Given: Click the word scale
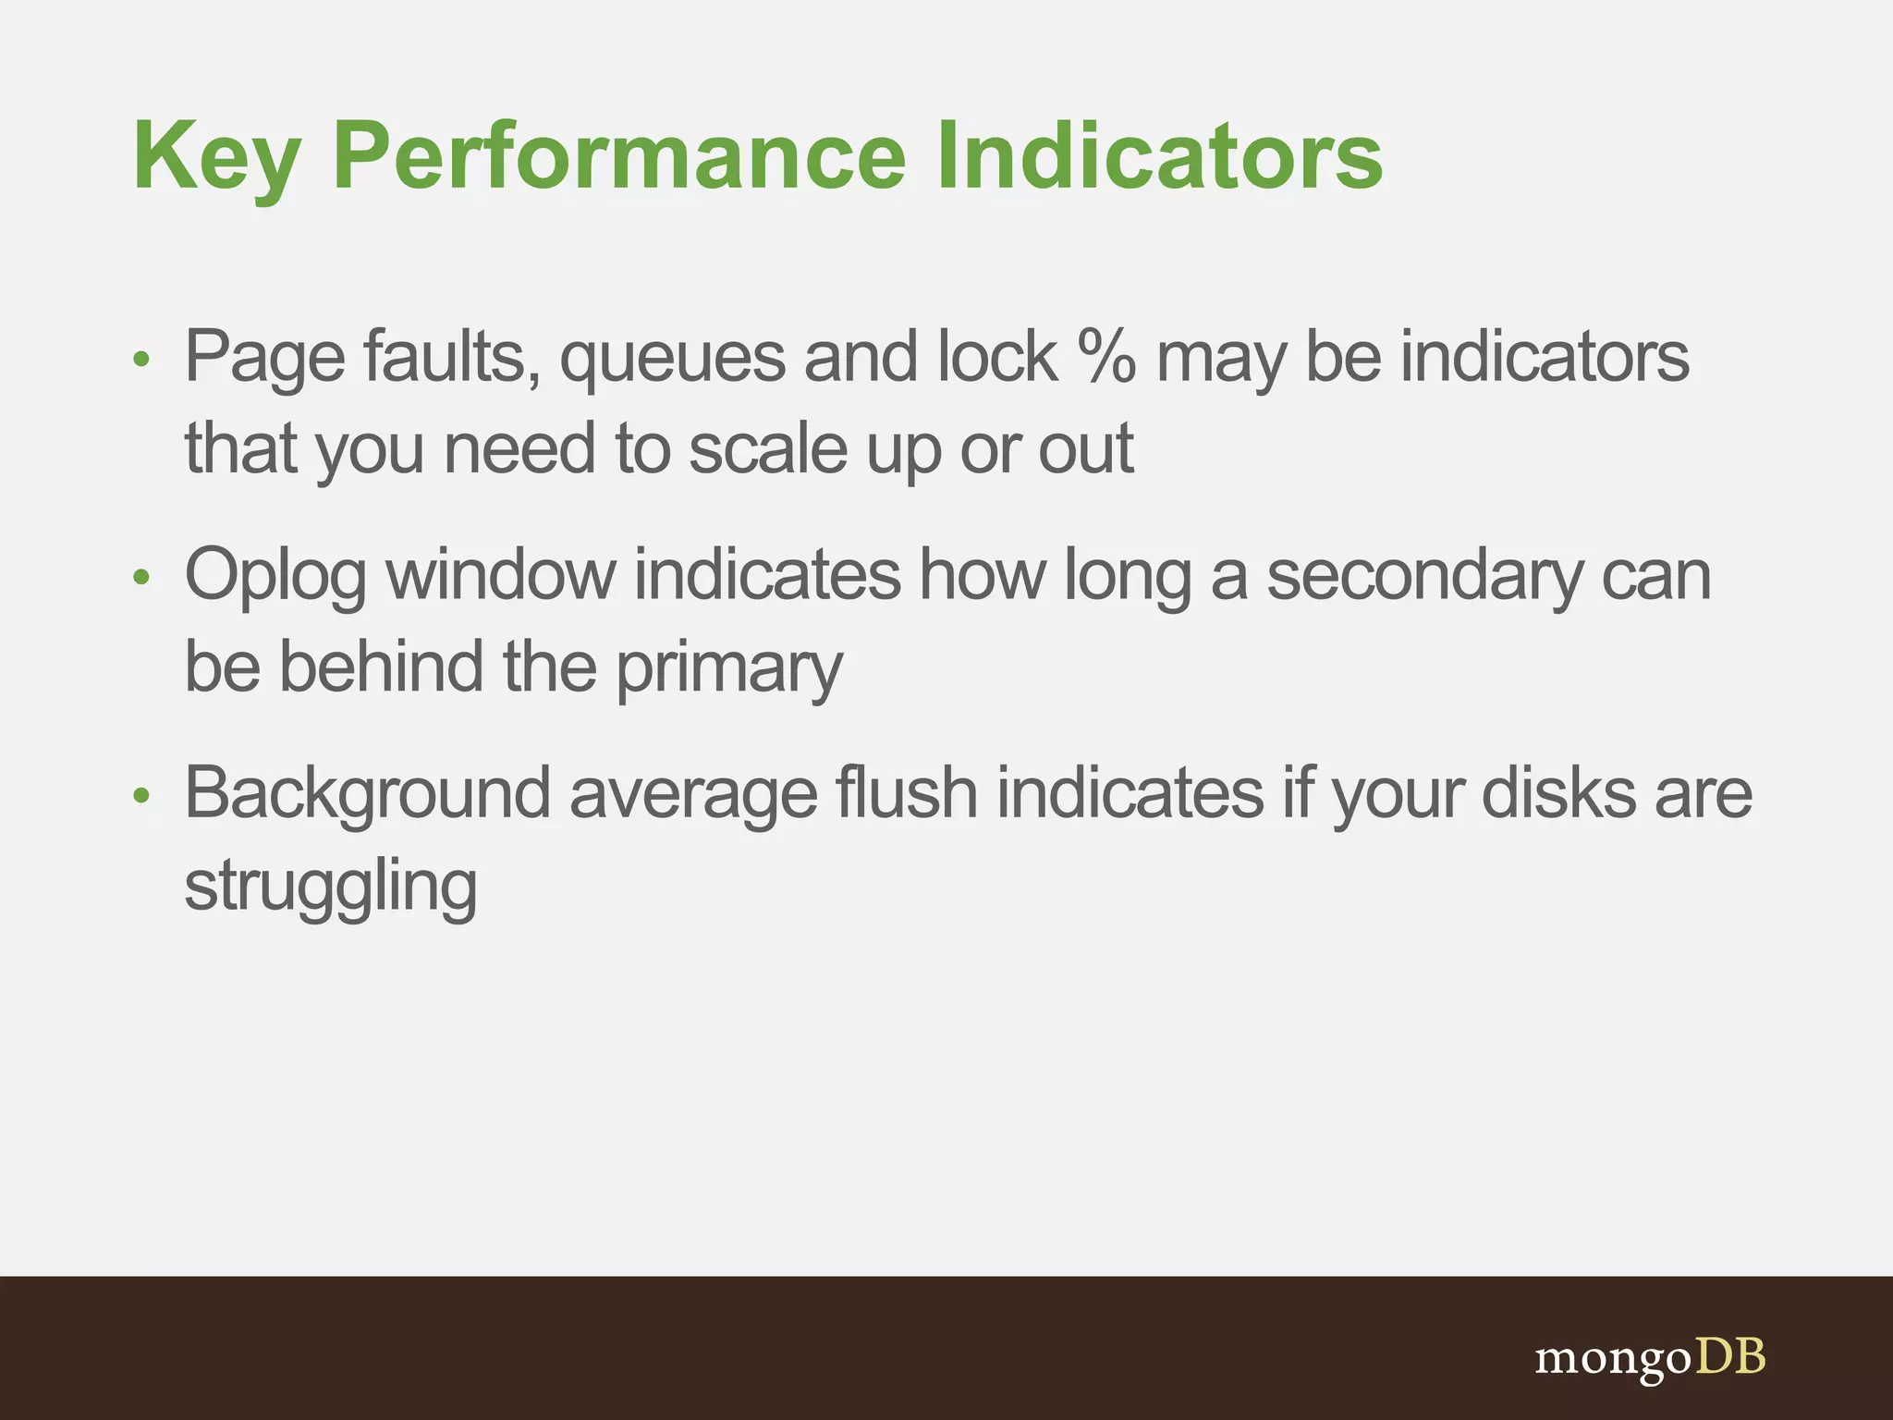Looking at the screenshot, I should (767, 449).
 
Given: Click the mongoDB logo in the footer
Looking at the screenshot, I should (1650, 1358).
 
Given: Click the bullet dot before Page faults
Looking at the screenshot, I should (140, 359).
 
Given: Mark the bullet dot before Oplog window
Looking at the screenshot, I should (140, 577).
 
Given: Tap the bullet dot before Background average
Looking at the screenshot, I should (140, 795).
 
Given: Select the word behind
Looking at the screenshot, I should (381, 667).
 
